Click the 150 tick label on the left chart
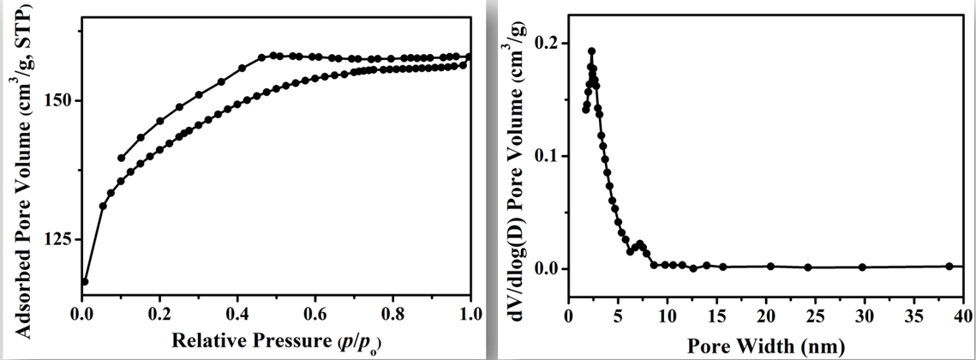point(61,101)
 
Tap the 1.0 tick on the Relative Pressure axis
point(470,314)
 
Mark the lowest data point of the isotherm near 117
point(85,281)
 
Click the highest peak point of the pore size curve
point(591,51)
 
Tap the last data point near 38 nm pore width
point(949,267)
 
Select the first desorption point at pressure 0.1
point(121,158)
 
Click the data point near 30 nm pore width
point(862,267)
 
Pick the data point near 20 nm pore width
point(770,267)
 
